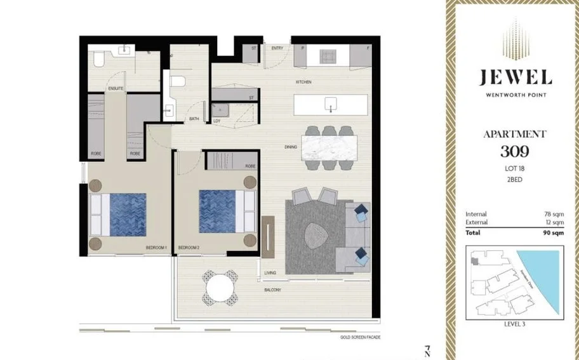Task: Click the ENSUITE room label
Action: (x=116, y=88)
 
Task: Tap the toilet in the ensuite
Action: (x=99, y=59)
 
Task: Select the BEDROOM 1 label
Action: (x=156, y=247)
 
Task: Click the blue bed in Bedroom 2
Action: (x=218, y=212)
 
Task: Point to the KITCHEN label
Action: (x=303, y=83)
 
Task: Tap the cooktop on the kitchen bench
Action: (x=327, y=55)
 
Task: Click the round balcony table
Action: (x=220, y=287)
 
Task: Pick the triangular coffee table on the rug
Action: (x=316, y=236)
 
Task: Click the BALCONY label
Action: (x=274, y=290)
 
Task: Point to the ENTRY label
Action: (x=277, y=48)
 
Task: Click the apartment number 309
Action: (x=515, y=152)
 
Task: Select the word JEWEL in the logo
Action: (x=515, y=78)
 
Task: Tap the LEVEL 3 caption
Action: (x=515, y=323)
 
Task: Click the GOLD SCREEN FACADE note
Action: (x=360, y=337)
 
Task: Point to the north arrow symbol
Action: (x=428, y=350)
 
